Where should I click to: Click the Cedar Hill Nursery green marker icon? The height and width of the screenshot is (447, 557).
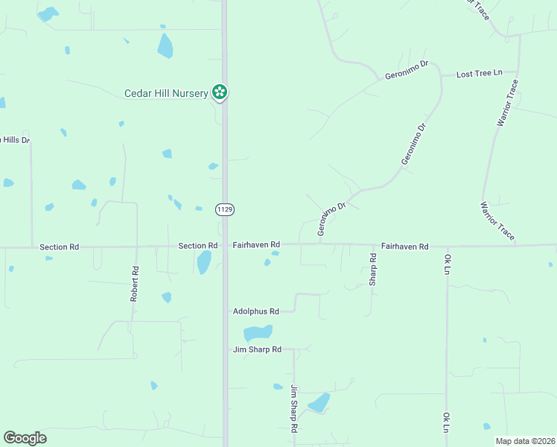tap(220, 92)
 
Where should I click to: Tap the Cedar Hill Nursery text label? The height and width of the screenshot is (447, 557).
tap(165, 93)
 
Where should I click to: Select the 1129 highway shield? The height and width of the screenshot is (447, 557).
tap(225, 210)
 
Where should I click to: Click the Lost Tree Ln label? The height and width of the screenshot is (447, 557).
tap(480, 74)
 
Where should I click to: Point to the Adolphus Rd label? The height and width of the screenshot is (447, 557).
tap(255, 311)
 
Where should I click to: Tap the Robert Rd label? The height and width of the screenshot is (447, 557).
tap(135, 284)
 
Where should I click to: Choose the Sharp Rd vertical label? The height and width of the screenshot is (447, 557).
tap(373, 270)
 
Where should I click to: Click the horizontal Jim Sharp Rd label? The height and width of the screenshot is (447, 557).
tap(257, 349)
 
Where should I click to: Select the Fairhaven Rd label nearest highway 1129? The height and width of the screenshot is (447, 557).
tap(256, 244)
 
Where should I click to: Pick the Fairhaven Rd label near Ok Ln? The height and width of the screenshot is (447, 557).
tap(405, 246)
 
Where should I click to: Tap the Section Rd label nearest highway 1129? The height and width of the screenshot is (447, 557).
tap(197, 246)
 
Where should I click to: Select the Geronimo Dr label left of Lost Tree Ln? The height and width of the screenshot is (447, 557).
tap(407, 70)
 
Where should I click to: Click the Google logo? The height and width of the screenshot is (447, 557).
tap(25, 438)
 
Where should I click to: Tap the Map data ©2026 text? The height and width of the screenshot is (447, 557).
tap(524, 441)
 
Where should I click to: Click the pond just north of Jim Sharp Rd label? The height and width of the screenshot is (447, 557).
tap(258, 333)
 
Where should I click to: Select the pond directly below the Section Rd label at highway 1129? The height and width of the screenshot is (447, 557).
tap(203, 261)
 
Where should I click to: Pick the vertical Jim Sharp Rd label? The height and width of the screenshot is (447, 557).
tap(295, 409)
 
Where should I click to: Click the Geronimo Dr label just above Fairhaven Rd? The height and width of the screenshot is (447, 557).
tap(332, 219)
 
